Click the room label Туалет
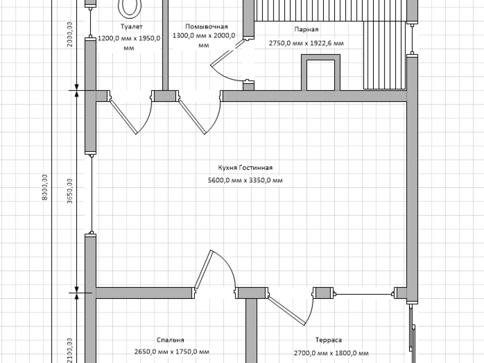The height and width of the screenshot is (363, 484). tap(132, 27)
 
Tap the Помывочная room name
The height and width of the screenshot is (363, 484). tap(206, 27)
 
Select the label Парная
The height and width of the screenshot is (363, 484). tap(306, 29)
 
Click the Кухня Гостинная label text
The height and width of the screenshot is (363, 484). tap(245, 168)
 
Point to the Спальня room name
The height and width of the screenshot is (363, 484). tap(170, 340)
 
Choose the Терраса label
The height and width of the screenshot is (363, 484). tap(328, 340)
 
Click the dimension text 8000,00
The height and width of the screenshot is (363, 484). tap(45, 187)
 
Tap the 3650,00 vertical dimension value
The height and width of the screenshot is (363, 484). tap(70, 191)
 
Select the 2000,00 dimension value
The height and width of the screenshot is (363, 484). tap(70, 34)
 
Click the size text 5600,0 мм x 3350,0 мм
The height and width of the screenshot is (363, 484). tap(245, 180)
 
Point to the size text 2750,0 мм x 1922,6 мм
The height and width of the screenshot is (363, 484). tap(306, 43)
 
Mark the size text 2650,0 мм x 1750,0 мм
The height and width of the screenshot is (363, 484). tap(171, 351)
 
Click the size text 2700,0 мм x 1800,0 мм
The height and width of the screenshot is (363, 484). tap(331, 353)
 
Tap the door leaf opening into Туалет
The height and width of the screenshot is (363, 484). tap(123, 117)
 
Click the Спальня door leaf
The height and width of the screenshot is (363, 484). tap(203, 269)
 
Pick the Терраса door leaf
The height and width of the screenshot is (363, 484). tap(286, 311)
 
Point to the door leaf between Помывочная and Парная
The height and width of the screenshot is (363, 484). tap(228, 53)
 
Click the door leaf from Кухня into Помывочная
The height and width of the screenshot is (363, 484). tap(192, 117)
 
